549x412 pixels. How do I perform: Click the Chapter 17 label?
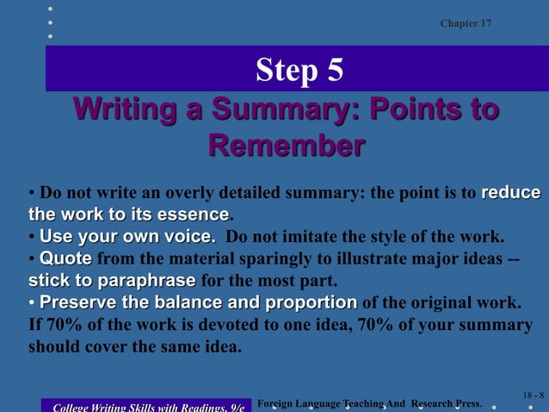pyautogui.click(x=466, y=23)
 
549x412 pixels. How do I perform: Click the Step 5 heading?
pyautogui.click(x=299, y=70)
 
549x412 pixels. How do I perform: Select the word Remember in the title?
pyautogui.click(x=286, y=145)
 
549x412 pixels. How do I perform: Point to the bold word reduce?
pyautogui.click(x=510, y=192)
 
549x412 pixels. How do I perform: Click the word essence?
pyautogui.click(x=195, y=214)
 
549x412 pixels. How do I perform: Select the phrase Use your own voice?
pyautogui.click(x=127, y=236)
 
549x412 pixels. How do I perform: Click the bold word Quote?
pyautogui.click(x=67, y=259)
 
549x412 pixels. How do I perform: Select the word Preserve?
pyautogui.click(x=79, y=303)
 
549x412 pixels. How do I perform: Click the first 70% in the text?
pyautogui.click(x=59, y=326)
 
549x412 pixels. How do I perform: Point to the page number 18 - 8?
pyautogui.click(x=533, y=395)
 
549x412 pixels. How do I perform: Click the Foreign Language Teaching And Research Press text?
pyautogui.click(x=369, y=403)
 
